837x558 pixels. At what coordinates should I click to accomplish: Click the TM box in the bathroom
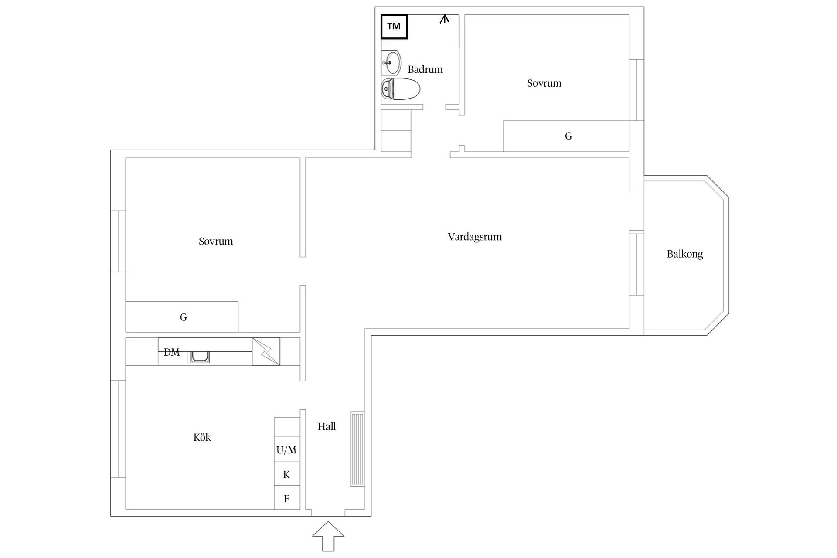point(394,27)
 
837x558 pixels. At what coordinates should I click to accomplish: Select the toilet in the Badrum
point(400,89)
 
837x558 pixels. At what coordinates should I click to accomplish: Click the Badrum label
point(425,69)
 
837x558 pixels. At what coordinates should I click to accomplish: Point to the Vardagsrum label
point(475,237)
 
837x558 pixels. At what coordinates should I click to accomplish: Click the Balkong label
point(685,254)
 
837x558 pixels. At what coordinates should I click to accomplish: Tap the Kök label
point(202,437)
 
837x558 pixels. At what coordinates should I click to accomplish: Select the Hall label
point(327,427)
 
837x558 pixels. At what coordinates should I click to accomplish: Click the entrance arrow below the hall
point(328,536)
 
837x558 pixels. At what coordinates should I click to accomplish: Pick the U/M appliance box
point(287,450)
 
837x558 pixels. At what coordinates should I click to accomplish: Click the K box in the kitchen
point(287,474)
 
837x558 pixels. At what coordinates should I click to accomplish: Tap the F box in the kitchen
point(287,498)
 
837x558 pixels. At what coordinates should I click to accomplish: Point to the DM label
point(171,352)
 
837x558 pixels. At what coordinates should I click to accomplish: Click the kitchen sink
point(200,357)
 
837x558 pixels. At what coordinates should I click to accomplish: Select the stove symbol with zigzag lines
point(266,351)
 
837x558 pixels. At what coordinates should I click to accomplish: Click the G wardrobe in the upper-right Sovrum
point(566,136)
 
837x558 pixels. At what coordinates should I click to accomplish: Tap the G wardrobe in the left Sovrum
point(182,317)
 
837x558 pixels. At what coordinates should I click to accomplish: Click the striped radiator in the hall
point(357,449)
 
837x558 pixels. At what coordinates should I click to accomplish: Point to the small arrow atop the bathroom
point(444,19)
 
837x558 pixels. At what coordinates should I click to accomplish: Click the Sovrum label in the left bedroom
point(216,242)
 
